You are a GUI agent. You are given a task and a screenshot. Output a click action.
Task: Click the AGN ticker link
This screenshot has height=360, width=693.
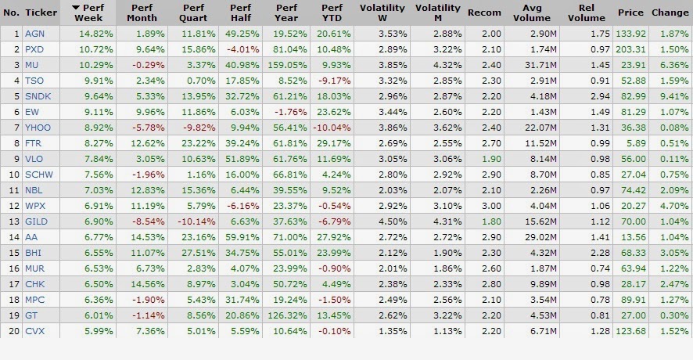tap(34, 34)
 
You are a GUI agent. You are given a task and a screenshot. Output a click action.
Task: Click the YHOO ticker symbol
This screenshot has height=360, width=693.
tap(38, 128)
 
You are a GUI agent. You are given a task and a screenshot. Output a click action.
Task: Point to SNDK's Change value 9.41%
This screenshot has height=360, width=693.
tap(674, 96)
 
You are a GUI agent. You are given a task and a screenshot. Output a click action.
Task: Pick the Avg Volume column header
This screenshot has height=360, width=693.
tap(532, 13)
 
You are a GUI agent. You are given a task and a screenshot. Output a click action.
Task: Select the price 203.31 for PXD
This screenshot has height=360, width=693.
tap(630, 49)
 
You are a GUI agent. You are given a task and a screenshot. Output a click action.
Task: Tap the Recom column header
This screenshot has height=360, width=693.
tap(484, 13)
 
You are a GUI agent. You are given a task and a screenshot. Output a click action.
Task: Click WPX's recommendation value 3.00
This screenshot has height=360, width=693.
tap(492, 206)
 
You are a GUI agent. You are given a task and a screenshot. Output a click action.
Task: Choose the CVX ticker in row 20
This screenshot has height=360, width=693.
tap(34, 331)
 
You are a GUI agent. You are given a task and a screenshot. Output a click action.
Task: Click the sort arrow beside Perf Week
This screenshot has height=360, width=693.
tap(76, 8)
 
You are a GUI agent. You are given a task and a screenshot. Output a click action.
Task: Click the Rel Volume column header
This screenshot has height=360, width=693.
tap(586, 13)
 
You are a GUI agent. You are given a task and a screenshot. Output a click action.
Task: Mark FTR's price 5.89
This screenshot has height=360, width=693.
tap(637, 143)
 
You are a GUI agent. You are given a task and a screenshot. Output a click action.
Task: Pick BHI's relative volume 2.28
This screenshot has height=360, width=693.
tap(600, 253)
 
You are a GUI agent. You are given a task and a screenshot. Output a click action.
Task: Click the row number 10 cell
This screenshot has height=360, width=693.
tap(15, 175)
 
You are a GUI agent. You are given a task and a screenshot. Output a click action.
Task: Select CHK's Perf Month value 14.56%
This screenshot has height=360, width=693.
tap(148, 284)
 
